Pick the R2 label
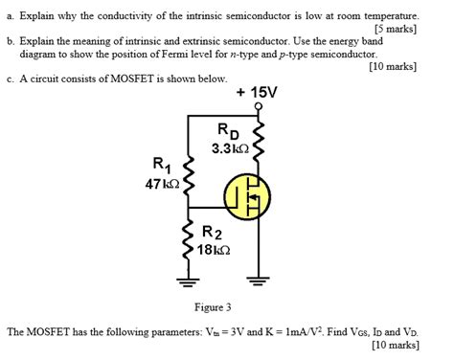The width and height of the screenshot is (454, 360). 214,233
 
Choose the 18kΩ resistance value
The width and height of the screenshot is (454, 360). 215,249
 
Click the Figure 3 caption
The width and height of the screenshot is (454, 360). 214,307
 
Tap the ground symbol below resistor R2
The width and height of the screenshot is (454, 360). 189,280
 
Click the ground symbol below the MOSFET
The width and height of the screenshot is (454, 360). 256,280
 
